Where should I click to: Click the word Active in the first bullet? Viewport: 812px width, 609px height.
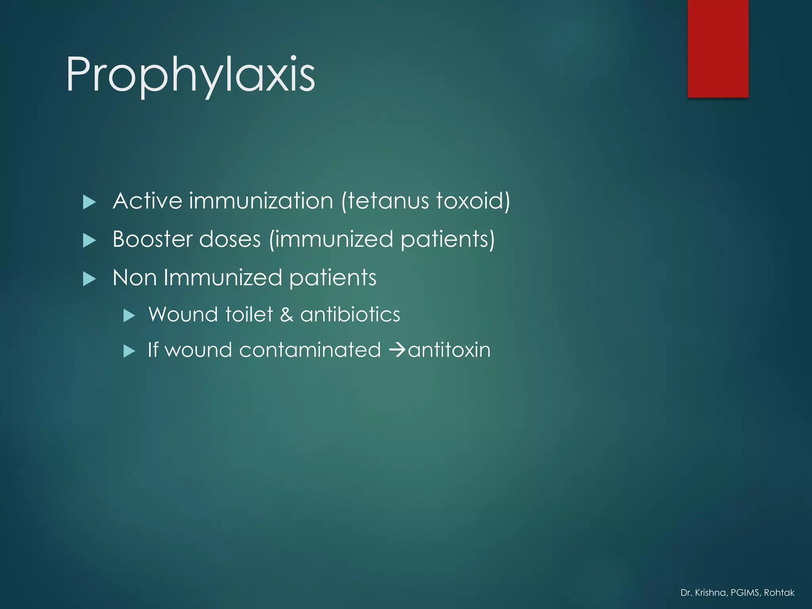(x=147, y=201)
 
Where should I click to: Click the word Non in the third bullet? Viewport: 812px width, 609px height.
(x=134, y=278)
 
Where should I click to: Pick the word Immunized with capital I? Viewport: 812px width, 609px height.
(x=222, y=278)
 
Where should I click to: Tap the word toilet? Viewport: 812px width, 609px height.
(x=249, y=314)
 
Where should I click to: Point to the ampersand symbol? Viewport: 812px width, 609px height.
(x=287, y=314)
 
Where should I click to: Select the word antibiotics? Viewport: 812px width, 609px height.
(x=350, y=314)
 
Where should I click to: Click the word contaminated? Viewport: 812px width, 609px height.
(x=310, y=350)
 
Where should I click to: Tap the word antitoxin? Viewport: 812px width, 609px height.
(x=449, y=350)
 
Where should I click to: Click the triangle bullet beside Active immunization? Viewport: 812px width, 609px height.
(x=90, y=202)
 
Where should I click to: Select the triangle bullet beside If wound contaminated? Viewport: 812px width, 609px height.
(x=129, y=351)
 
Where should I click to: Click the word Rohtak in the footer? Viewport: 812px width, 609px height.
(x=779, y=593)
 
